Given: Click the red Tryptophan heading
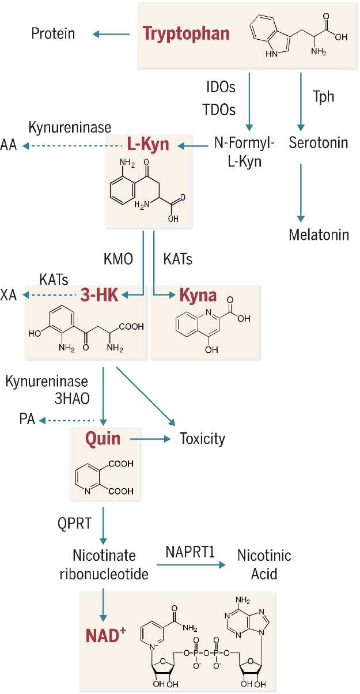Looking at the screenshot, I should click(x=186, y=33).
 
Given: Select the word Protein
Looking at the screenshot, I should click(x=53, y=33).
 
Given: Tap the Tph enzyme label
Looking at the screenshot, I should click(x=323, y=96).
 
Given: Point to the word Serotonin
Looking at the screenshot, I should click(x=319, y=142).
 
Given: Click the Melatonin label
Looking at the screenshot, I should click(x=319, y=235).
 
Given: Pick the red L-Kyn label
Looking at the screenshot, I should click(x=148, y=144).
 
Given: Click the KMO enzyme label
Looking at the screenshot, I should click(x=118, y=259).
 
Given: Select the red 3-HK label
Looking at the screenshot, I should click(x=99, y=296).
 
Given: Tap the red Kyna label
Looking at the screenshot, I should click(x=198, y=296).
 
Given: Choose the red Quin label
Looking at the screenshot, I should click(x=103, y=439).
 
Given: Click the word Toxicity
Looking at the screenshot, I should click(x=202, y=439).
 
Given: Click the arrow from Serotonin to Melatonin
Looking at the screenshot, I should click(x=300, y=192).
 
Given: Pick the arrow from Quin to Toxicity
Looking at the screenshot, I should click(x=151, y=439).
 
